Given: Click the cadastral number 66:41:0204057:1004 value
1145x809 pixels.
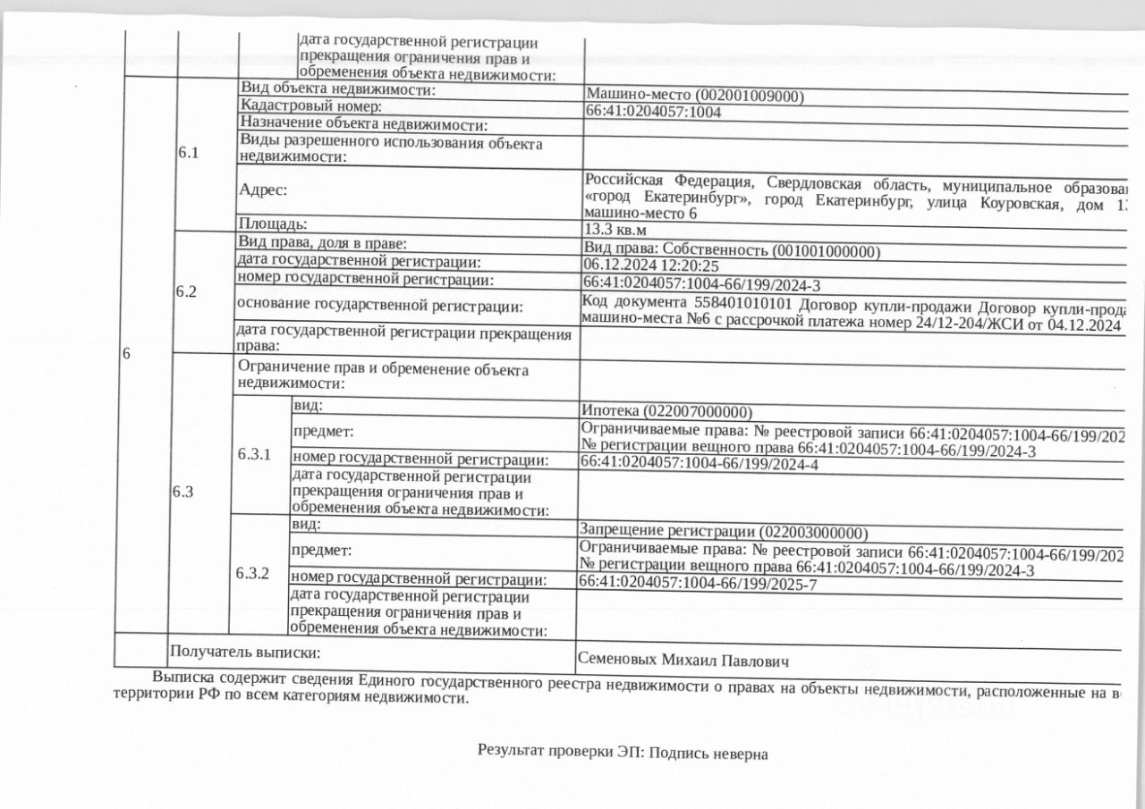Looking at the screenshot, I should (x=653, y=113).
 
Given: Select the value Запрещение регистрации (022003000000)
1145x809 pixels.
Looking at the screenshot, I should (x=724, y=531).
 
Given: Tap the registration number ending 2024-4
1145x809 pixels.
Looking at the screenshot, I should (x=699, y=464).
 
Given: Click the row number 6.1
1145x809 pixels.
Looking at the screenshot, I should (x=188, y=152).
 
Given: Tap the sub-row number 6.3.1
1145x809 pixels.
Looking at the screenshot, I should (x=254, y=454).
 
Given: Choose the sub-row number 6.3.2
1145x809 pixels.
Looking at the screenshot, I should (x=253, y=572).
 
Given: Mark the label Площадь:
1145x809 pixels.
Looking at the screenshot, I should (x=273, y=223).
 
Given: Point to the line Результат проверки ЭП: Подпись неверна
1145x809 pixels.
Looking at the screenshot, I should (x=623, y=753).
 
